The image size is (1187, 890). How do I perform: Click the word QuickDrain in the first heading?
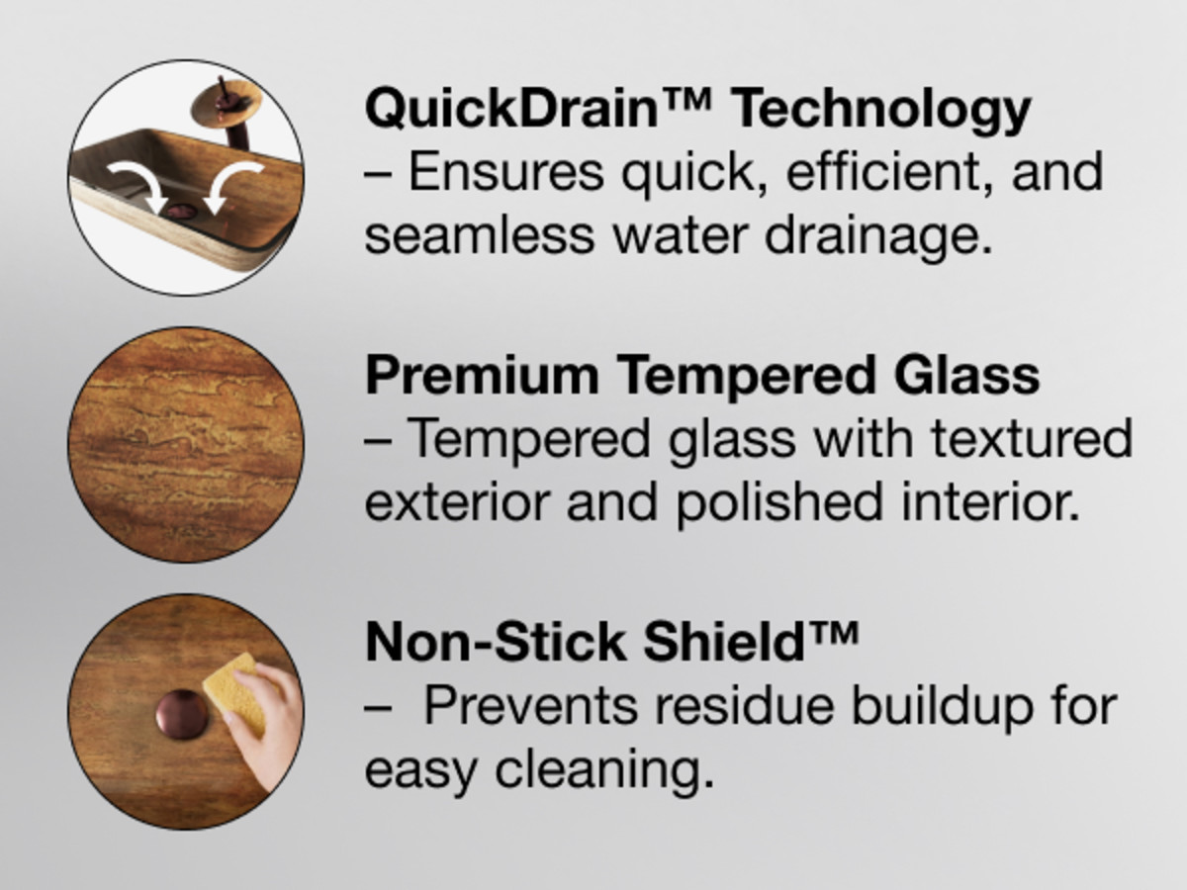pos(511,109)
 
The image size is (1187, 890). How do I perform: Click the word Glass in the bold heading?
pos(966,374)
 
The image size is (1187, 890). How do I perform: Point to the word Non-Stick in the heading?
pos(495,642)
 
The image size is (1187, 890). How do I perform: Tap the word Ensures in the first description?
pos(505,172)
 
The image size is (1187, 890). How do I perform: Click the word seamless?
pos(480,236)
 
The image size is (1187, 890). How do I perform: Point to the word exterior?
pos(457,503)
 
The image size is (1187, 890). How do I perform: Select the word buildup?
pos(942,709)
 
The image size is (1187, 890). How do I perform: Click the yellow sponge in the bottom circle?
pos(238,691)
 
